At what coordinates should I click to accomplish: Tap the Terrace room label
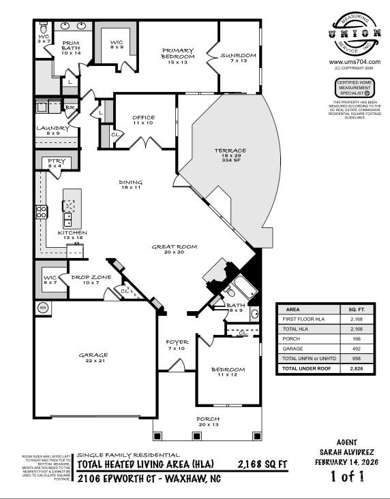pos(229,150)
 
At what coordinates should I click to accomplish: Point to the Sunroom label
pos(239,55)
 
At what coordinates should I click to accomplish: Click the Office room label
pos(143,118)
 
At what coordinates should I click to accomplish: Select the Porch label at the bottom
pos(208,419)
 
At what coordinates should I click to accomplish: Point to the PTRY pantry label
pos(55,161)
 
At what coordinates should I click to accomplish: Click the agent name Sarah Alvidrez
pos(347,452)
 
